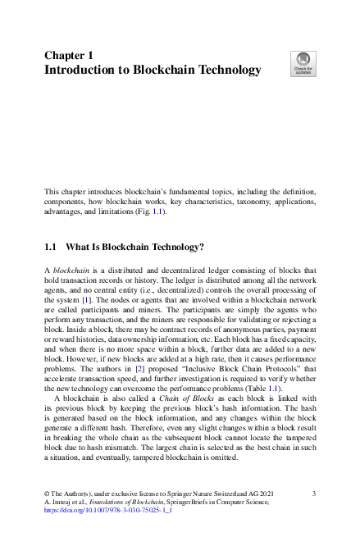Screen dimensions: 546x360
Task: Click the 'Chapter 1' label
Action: pos(68,55)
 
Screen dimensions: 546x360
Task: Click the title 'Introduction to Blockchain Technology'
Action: pos(153,70)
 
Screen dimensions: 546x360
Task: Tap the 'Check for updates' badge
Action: pos(303,63)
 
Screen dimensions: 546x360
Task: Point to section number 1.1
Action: pos(50,247)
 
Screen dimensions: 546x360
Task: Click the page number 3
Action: pos(314,493)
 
